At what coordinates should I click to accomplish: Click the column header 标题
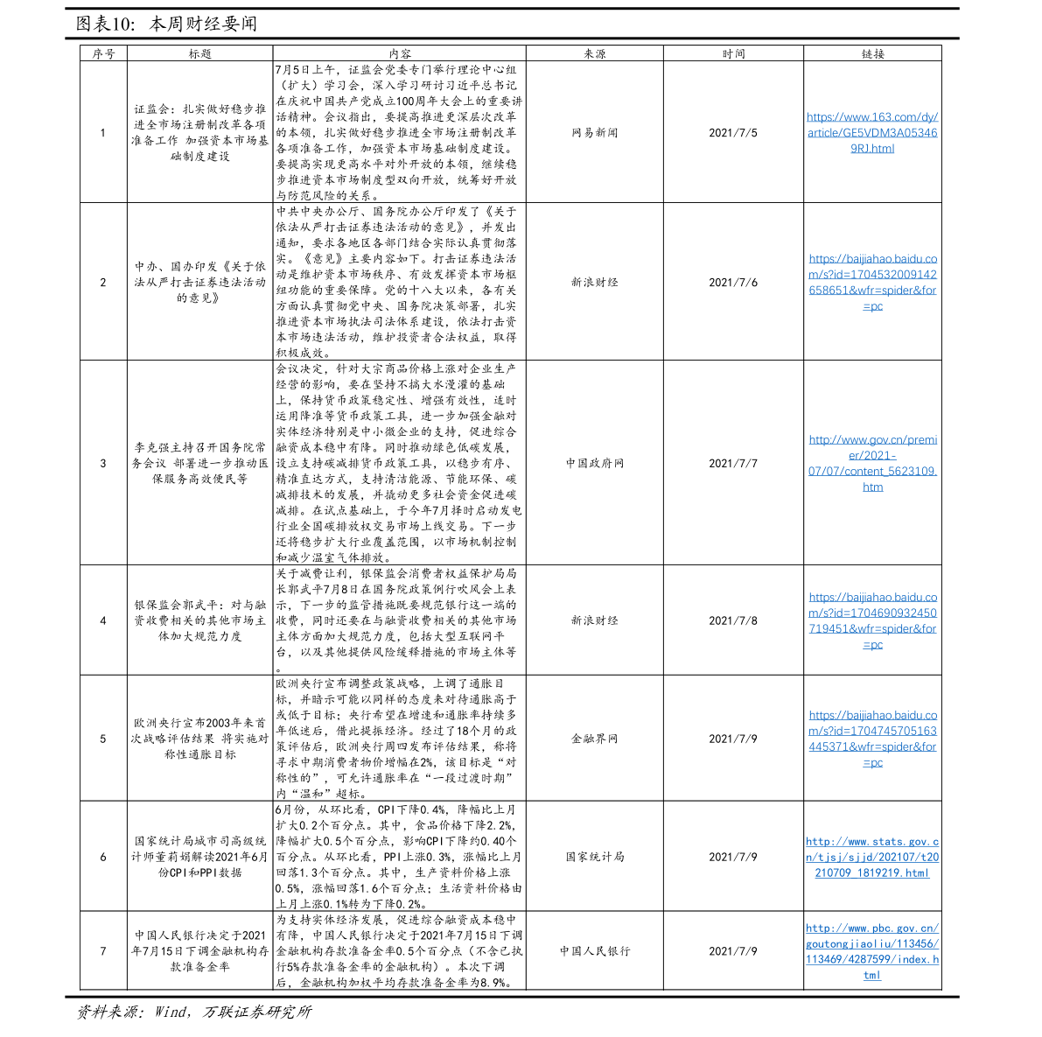tap(200, 54)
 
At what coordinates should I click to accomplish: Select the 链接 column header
tap(872, 54)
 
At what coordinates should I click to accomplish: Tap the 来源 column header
tap(595, 54)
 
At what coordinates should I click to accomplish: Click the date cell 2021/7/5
tap(733, 133)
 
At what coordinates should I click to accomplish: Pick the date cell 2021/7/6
tap(733, 283)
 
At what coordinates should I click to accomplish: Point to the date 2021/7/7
tap(733, 463)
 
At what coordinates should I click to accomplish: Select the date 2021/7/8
tap(733, 620)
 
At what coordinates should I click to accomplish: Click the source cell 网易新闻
tap(595, 133)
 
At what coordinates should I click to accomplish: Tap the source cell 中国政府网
tap(595, 463)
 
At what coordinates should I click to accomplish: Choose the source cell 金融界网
tap(595, 739)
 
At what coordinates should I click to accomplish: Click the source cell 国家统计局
tap(595, 857)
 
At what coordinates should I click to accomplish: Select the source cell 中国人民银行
tap(595, 951)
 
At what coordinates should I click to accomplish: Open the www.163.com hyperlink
tap(872, 133)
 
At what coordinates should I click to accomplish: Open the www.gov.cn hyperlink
tap(872, 463)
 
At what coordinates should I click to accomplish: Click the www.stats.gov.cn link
tap(872, 857)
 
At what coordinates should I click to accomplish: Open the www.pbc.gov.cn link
tap(872, 951)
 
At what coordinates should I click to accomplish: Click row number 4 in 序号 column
tap(103, 620)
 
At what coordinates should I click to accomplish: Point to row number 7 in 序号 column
tap(103, 951)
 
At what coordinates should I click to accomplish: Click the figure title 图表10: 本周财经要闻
tap(166, 24)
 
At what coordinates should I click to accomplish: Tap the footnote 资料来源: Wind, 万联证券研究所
tap(193, 1012)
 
